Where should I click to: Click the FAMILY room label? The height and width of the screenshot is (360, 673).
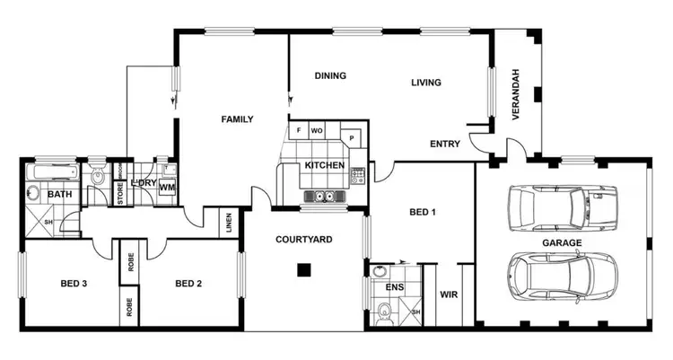click(x=237, y=119)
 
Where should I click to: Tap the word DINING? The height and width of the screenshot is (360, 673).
click(x=330, y=76)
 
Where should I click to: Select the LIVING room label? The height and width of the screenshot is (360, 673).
click(x=426, y=83)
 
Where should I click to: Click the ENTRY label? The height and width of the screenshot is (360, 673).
click(x=445, y=144)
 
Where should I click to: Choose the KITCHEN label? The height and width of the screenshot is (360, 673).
click(x=323, y=166)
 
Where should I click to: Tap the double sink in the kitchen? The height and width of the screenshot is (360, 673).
click(x=323, y=196)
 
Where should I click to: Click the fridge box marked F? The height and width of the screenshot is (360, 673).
click(x=298, y=131)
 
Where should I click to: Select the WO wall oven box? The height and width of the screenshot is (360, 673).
click(x=317, y=131)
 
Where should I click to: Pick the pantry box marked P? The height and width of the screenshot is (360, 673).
click(x=353, y=138)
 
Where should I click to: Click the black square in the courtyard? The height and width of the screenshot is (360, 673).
click(x=305, y=268)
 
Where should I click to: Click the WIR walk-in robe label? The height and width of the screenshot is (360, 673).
click(x=449, y=294)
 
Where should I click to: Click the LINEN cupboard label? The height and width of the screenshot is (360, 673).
click(x=230, y=221)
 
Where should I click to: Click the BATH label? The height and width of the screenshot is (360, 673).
click(x=59, y=195)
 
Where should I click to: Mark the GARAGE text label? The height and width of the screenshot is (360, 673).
click(x=562, y=242)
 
